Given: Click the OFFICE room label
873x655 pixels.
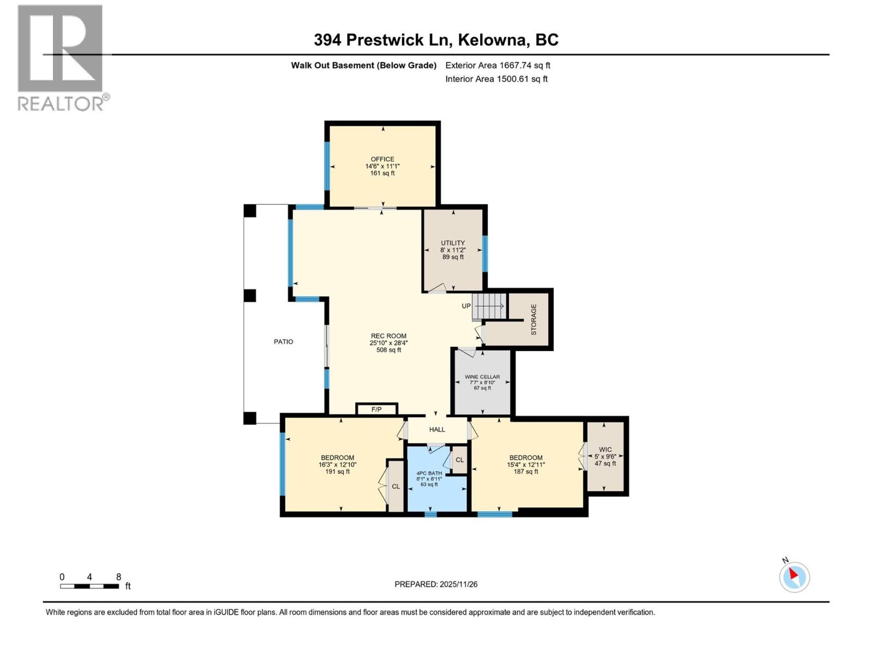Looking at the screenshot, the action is point(382,159).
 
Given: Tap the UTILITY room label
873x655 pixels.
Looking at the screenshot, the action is point(453,243).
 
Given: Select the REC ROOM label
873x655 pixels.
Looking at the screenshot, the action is point(388,336).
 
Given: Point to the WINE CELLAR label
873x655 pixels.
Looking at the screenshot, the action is point(482,377).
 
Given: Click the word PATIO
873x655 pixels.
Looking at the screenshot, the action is point(283,342).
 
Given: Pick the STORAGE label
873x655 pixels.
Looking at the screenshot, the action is point(534,319).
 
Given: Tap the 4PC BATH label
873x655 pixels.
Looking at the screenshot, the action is point(429,473).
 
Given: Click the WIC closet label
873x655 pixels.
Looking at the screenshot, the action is point(605,450).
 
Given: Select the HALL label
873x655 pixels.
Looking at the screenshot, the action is point(437,430).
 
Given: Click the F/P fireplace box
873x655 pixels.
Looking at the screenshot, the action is point(376,409).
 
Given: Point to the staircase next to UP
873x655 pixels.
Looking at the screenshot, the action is point(489,306).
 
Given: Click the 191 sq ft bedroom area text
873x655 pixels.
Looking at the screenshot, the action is point(337,472).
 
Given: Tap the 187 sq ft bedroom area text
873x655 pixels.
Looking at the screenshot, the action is point(526,472).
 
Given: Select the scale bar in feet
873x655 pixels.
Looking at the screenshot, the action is point(89,586).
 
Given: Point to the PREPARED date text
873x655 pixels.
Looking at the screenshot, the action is point(436,584).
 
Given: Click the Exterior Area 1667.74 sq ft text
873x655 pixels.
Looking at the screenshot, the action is point(498,65).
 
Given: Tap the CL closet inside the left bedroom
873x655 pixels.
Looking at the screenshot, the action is point(396,486).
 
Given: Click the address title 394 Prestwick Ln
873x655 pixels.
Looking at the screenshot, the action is point(381,40).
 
